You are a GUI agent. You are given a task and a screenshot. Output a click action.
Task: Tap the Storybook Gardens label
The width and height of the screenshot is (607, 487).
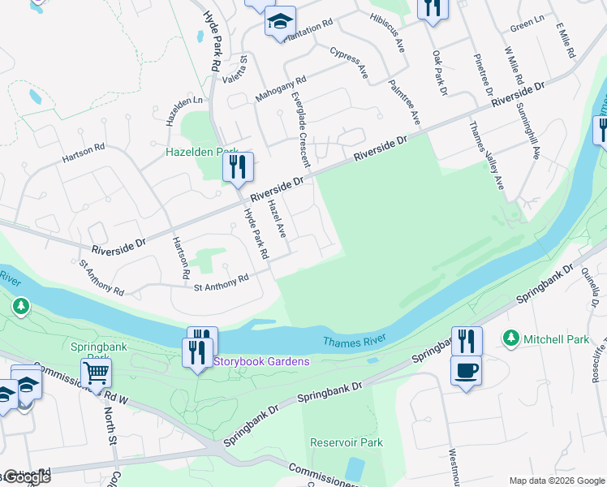point(261,360)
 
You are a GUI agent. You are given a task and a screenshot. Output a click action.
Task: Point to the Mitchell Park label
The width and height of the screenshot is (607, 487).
point(556,338)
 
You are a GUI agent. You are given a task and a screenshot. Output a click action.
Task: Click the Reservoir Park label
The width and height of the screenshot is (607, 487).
point(346,442)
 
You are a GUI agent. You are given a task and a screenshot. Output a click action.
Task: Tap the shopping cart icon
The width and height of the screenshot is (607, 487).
point(96,373)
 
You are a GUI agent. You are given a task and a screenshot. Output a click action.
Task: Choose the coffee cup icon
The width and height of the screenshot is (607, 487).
point(466,371)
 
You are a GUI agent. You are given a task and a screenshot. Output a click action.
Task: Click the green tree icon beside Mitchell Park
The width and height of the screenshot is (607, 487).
point(511,337)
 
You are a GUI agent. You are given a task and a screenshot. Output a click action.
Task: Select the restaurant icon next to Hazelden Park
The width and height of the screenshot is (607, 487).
point(238,167)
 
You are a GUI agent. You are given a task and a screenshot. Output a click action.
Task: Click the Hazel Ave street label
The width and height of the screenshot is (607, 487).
point(277,219)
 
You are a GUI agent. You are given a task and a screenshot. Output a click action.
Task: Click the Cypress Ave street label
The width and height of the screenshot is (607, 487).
point(350,62)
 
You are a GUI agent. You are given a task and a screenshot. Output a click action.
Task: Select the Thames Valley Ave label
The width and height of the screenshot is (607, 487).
point(487,156)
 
